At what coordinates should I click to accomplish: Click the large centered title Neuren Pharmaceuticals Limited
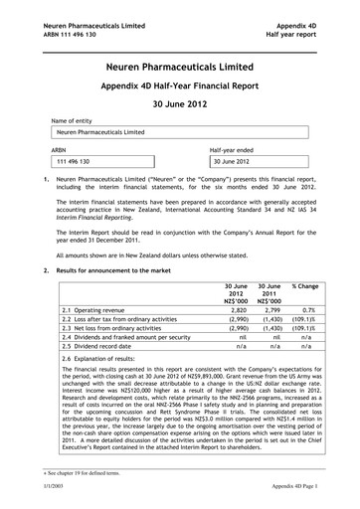pos(181,66)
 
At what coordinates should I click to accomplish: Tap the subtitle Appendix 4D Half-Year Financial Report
pos(181,87)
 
